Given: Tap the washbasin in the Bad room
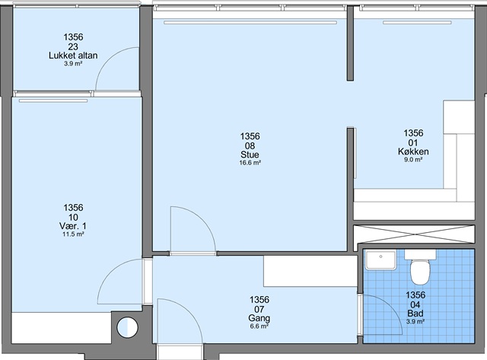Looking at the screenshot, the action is (x=380, y=260).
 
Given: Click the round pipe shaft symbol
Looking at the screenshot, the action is (x=127, y=327).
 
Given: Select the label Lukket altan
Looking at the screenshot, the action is (x=73, y=56).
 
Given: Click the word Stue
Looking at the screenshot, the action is (x=250, y=155).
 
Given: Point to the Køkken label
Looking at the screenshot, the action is (x=413, y=151).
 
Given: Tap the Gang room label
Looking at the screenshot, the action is (x=259, y=318).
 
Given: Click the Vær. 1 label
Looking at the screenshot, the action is (x=73, y=226).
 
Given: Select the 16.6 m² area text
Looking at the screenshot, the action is (x=250, y=163).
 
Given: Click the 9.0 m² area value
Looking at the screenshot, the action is (x=413, y=160).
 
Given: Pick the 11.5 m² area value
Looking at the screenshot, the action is (x=73, y=234).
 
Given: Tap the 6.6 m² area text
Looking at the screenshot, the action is (x=259, y=327).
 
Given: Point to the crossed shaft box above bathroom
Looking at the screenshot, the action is (x=414, y=234).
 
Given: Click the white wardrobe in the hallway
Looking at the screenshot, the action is (x=310, y=271).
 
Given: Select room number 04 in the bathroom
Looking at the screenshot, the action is (x=415, y=304).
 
